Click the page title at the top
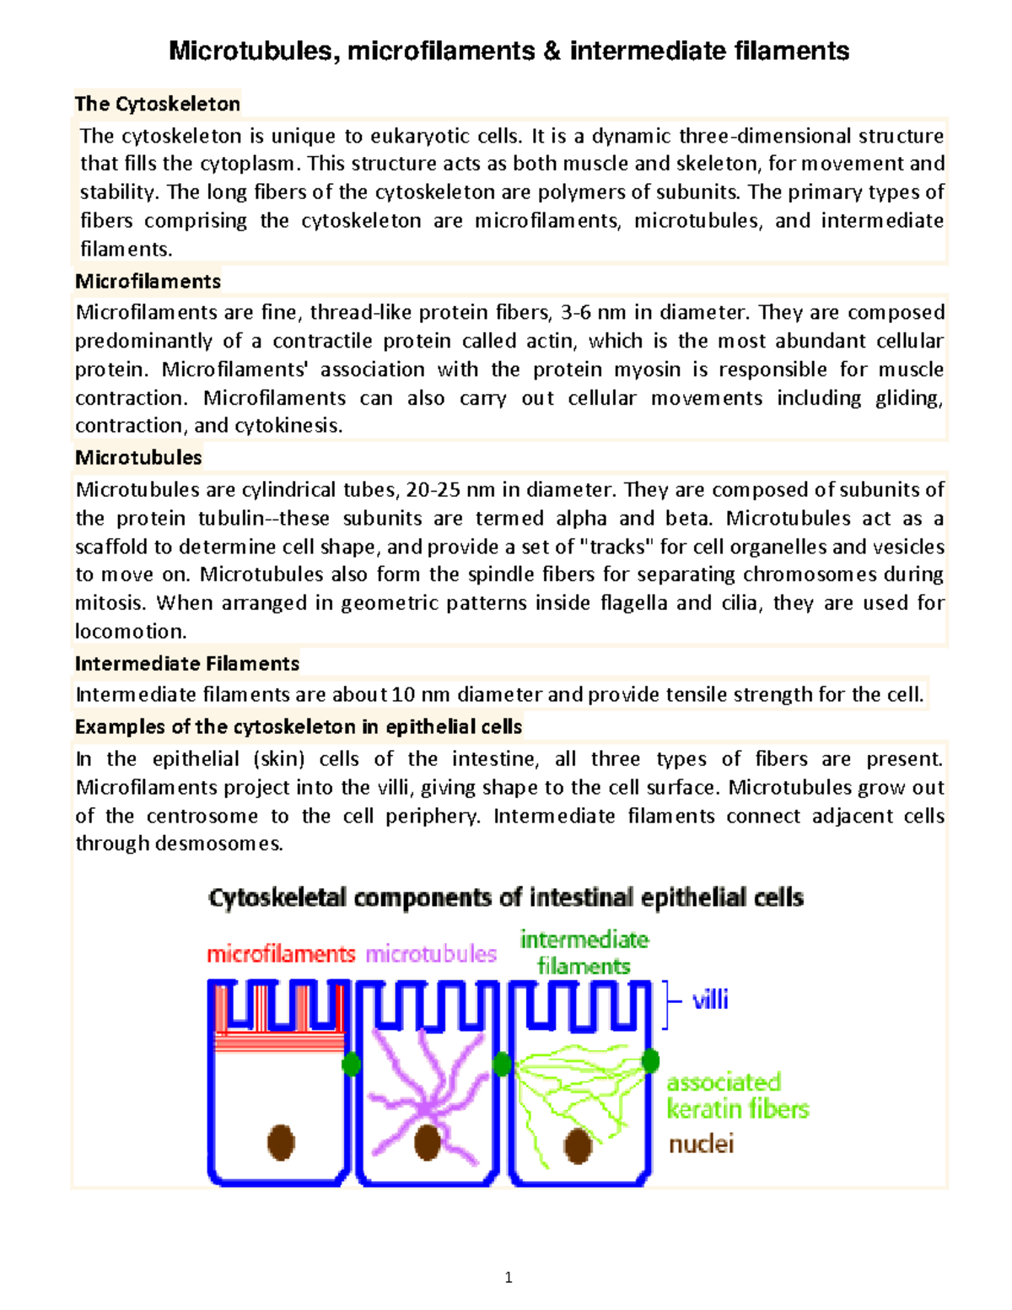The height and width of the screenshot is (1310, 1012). click(x=509, y=51)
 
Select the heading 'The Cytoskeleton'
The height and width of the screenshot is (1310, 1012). click(x=158, y=104)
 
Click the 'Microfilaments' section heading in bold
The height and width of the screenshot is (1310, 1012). click(x=148, y=281)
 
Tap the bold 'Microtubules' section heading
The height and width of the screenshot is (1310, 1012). click(x=138, y=457)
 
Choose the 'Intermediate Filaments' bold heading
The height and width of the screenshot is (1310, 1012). click(x=186, y=664)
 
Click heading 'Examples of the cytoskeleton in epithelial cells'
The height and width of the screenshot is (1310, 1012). click(x=298, y=727)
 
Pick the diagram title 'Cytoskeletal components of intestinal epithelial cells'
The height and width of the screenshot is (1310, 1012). click(x=506, y=898)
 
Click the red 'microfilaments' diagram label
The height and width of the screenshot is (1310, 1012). click(x=281, y=954)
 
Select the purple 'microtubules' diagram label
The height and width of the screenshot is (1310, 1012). click(x=431, y=954)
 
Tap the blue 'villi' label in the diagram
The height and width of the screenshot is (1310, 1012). click(x=710, y=1000)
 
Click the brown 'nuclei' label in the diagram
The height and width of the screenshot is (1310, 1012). click(x=701, y=1144)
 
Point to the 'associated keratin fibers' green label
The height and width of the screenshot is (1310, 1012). click(x=737, y=1095)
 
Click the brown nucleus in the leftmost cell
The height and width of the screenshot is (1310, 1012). click(x=281, y=1142)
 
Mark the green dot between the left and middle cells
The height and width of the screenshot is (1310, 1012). click(x=351, y=1065)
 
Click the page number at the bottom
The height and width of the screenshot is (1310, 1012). click(x=508, y=1277)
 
